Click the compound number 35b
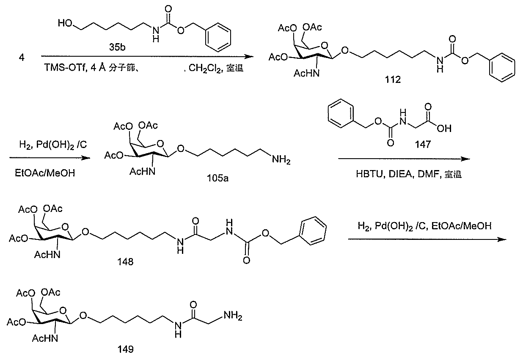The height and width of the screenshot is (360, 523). click(x=117, y=47)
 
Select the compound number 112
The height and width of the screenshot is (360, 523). click(x=393, y=80)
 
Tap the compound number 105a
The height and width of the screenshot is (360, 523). click(x=217, y=179)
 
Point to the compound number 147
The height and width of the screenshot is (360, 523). click(x=423, y=144)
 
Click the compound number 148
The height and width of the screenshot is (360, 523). click(x=125, y=262)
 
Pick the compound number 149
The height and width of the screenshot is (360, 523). click(x=126, y=349)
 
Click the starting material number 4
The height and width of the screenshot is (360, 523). click(x=22, y=58)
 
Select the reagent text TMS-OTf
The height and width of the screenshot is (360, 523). click(x=66, y=68)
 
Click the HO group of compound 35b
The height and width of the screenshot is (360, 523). click(x=65, y=23)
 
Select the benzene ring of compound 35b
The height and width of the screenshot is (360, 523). click(x=218, y=37)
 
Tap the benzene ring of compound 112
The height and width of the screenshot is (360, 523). click(x=502, y=68)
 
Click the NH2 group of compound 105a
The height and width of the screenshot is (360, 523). click(x=281, y=160)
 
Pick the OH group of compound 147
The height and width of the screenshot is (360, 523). click(x=444, y=129)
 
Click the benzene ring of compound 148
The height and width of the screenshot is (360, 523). click(x=313, y=231)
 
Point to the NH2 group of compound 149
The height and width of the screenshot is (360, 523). click(x=233, y=316)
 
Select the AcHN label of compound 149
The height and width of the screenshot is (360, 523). click(x=45, y=338)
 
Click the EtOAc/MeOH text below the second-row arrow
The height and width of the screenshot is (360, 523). click(x=45, y=173)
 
